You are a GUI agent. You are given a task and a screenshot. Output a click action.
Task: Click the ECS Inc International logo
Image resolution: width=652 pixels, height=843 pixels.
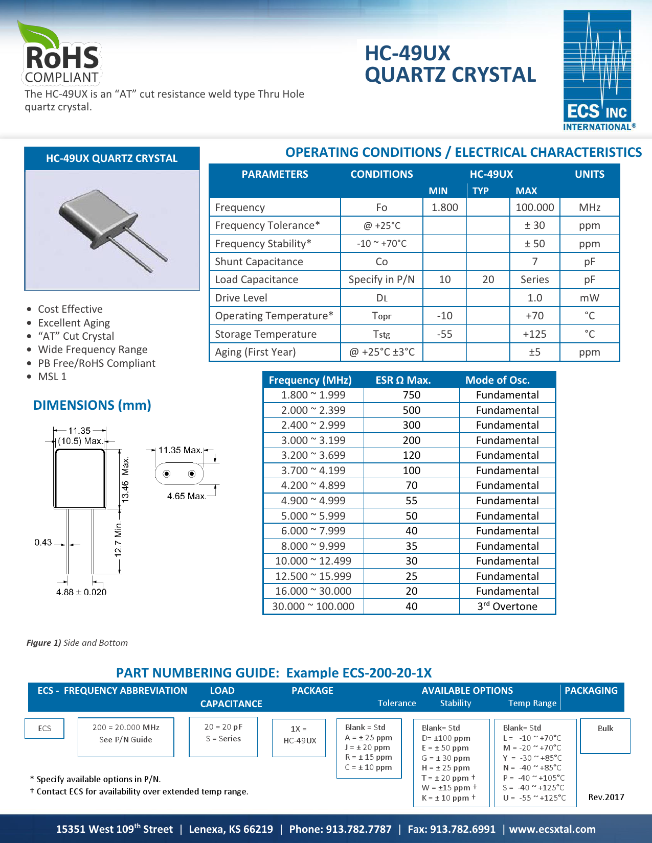click(x=598, y=71)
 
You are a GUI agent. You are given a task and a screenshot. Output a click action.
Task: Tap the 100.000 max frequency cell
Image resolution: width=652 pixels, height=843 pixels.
click(x=534, y=207)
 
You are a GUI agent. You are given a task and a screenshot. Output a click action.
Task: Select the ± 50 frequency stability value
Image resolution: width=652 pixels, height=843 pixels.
click(x=534, y=244)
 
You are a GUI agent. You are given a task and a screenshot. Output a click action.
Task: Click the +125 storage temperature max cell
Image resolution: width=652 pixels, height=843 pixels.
click(x=534, y=334)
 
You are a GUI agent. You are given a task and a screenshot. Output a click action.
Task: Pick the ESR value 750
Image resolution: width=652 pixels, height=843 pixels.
click(x=411, y=395)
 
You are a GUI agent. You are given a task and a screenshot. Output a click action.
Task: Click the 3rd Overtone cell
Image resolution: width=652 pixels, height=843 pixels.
click(x=507, y=606)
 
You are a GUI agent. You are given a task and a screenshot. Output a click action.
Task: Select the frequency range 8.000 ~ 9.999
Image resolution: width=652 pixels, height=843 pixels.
click(x=313, y=546)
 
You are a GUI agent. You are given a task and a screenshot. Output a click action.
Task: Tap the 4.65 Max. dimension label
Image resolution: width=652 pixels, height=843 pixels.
click(x=186, y=496)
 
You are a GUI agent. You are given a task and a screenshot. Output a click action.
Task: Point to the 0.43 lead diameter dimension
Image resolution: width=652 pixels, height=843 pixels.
click(x=43, y=542)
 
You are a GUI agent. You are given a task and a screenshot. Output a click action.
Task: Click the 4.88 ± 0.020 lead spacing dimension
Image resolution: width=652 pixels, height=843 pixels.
click(x=81, y=592)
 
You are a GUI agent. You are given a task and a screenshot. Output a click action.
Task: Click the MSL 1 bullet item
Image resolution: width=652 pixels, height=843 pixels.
click(x=52, y=377)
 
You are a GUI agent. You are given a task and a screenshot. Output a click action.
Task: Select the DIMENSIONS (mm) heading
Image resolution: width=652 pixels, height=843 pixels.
click(x=92, y=405)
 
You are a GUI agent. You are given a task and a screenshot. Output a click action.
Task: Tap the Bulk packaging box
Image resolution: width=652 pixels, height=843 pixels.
click(x=605, y=736)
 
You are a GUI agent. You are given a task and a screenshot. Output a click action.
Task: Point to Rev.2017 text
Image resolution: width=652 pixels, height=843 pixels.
click(x=606, y=797)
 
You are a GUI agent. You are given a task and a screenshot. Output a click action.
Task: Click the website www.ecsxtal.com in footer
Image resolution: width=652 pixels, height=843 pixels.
click(x=552, y=829)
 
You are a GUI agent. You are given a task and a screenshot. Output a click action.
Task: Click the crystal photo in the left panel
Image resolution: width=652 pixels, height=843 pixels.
click(x=111, y=230)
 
